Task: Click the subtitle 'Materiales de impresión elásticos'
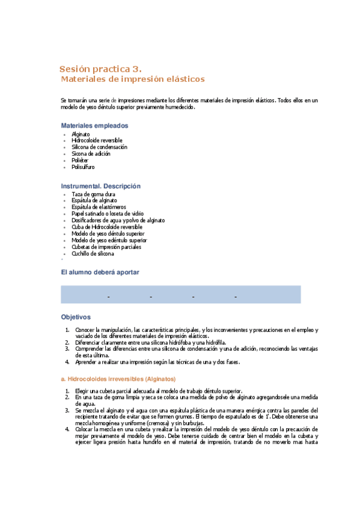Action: click(133, 79)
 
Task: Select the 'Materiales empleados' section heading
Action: click(94, 125)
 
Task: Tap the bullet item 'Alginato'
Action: click(81, 134)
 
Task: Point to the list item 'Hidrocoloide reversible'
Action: click(97, 140)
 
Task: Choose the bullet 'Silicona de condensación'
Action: click(99, 147)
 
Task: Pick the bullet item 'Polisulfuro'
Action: click(83, 167)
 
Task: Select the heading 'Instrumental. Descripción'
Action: click(100, 186)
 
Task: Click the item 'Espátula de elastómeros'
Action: click(99, 207)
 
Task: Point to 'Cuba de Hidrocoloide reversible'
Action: click(106, 227)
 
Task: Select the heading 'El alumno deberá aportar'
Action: click(100, 272)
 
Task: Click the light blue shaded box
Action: click(180, 294)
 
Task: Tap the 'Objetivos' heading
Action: click(75, 316)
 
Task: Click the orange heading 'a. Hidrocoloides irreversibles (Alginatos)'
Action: click(118, 379)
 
